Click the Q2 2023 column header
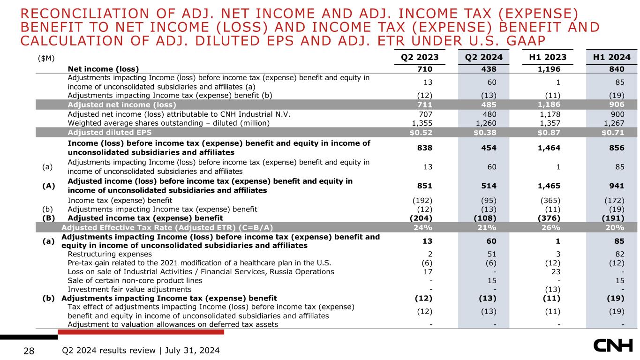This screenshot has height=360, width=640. pos(419,58)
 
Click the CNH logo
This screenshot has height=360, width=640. pos(613,347)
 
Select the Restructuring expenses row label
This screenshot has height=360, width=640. pos(110,254)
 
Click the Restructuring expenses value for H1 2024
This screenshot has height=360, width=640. pos(619,254)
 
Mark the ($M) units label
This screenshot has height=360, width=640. pos(45,58)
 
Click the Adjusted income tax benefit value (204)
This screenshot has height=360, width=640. pos(420,218)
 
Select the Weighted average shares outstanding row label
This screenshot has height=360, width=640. pos(169,123)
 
